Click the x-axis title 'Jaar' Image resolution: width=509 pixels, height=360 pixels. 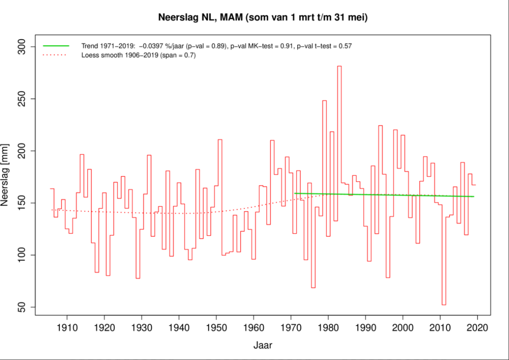point(263,346)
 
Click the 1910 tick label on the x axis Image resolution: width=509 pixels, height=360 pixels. point(67,328)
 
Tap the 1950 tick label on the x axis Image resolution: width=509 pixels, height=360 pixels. point(216,328)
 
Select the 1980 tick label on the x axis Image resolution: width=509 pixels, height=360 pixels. point(328,328)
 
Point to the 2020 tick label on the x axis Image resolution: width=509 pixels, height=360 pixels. point(477,328)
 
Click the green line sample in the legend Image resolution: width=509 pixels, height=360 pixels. point(56,46)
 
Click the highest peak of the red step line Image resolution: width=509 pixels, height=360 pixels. point(339,66)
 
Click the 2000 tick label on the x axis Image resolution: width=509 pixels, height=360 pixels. point(403,328)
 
